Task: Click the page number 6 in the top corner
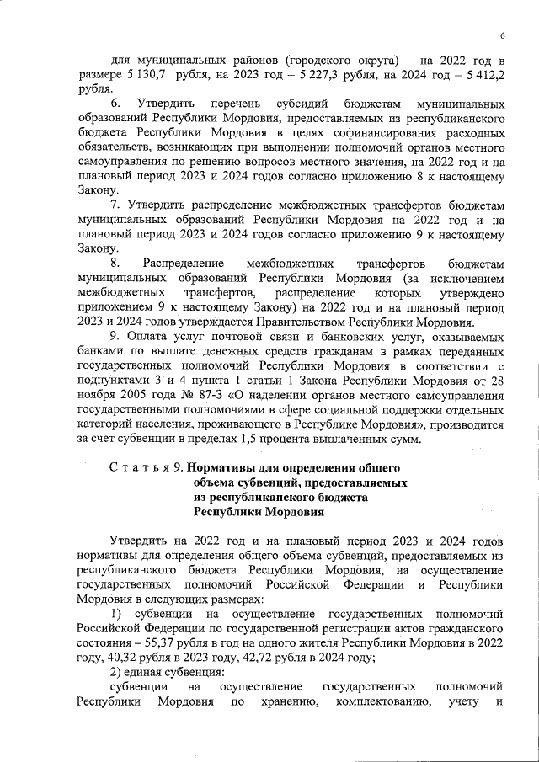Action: coord(502,35)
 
